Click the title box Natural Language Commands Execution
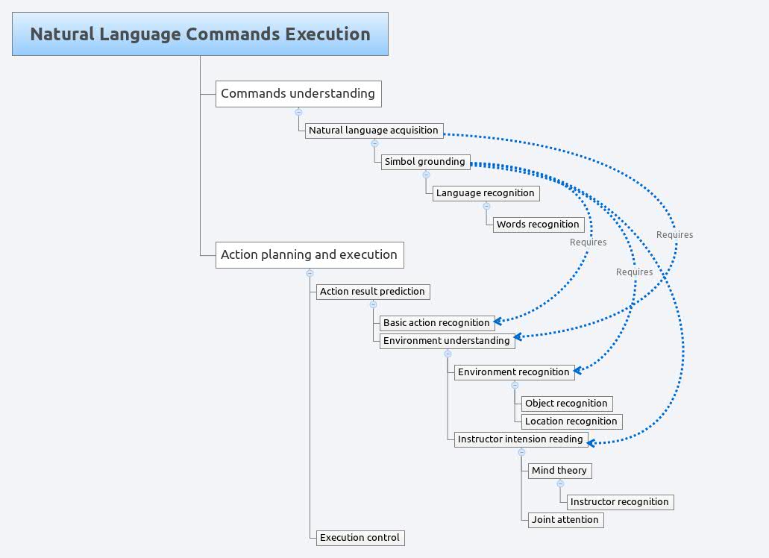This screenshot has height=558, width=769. [200, 34]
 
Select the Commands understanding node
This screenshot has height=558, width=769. [298, 94]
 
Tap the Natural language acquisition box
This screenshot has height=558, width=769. [374, 130]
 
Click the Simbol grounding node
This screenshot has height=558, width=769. [425, 161]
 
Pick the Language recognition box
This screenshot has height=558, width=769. [486, 192]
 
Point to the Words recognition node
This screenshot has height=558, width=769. [538, 224]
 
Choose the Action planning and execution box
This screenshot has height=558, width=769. [310, 254]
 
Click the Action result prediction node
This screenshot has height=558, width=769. [373, 291]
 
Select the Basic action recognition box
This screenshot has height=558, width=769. [437, 322]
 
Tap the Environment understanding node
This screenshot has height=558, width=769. [447, 340]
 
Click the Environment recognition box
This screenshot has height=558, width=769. [514, 372]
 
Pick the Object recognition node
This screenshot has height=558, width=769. [567, 403]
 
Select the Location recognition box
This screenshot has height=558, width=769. [571, 421]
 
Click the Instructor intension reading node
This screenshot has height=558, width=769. [521, 439]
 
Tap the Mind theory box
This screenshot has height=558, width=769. [559, 470]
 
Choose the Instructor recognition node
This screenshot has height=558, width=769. [619, 501]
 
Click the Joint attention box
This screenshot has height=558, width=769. [565, 519]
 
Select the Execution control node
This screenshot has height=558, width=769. [360, 537]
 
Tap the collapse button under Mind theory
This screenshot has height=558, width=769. [560, 483]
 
